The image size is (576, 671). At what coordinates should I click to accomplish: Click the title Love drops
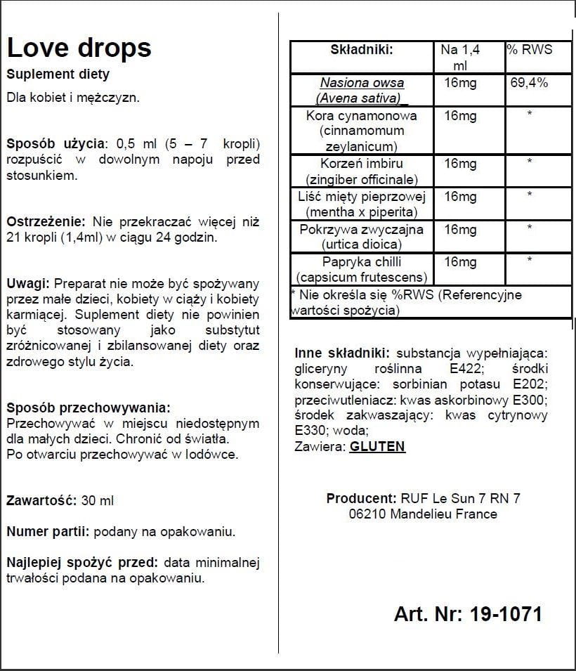point(79,48)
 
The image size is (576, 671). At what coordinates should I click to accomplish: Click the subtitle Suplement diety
point(58,74)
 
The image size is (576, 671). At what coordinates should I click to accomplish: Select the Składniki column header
point(361,50)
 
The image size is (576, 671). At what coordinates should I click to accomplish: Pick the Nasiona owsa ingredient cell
point(362,90)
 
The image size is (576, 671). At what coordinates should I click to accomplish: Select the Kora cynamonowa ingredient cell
point(362,131)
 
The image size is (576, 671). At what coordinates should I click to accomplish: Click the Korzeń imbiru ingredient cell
point(362,171)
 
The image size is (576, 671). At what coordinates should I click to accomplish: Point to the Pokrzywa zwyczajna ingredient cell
point(362,237)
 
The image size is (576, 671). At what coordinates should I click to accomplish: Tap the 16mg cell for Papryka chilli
point(460,262)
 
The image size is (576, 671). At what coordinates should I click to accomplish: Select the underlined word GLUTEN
point(377,446)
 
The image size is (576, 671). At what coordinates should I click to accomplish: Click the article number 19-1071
point(502,614)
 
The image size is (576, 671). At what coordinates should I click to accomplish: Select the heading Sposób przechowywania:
point(88,408)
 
